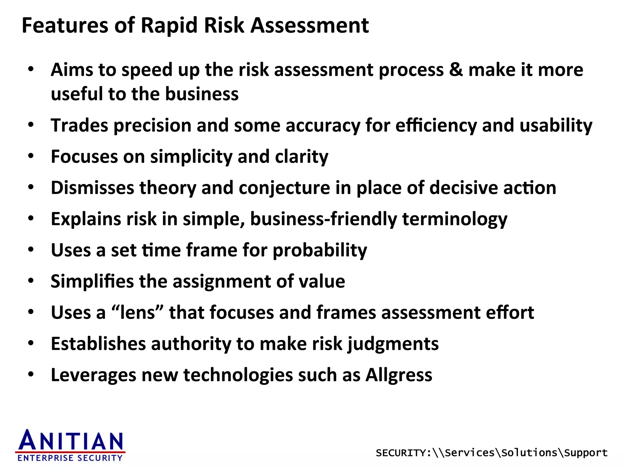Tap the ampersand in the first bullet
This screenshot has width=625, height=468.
pyautogui.click(x=456, y=70)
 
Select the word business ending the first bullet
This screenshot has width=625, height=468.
pyautogui.click(x=202, y=94)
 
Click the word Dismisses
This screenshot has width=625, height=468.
pyautogui.click(x=92, y=188)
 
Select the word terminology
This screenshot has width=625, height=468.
pyautogui.click(x=455, y=219)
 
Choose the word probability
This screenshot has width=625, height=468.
pyautogui.click(x=320, y=250)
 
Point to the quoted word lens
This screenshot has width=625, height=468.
pyautogui.click(x=138, y=313)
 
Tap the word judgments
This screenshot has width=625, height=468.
pyautogui.click(x=393, y=344)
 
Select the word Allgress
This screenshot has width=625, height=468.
pyautogui.click(x=399, y=375)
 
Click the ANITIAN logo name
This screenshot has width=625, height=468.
pyautogui.click(x=71, y=441)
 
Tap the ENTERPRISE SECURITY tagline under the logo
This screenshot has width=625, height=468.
pyautogui.click(x=70, y=458)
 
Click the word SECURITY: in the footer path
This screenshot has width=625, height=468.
pyautogui.click(x=403, y=453)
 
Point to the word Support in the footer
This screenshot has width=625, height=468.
pyautogui.click(x=586, y=453)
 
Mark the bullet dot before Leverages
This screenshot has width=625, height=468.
pyautogui.click(x=31, y=374)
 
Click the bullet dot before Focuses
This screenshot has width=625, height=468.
pyautogui.click(x=31, y=156)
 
